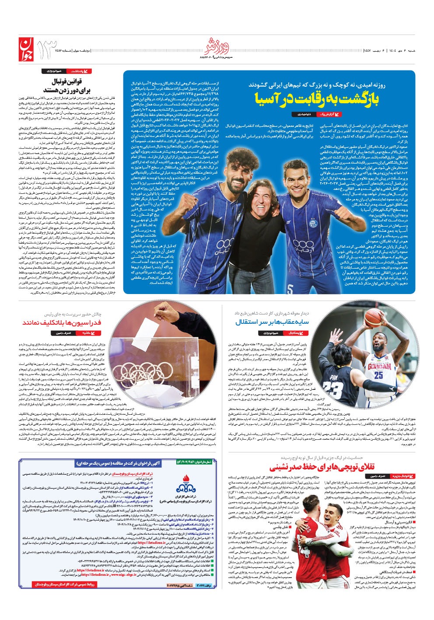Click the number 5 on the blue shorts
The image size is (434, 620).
point(290,288)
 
